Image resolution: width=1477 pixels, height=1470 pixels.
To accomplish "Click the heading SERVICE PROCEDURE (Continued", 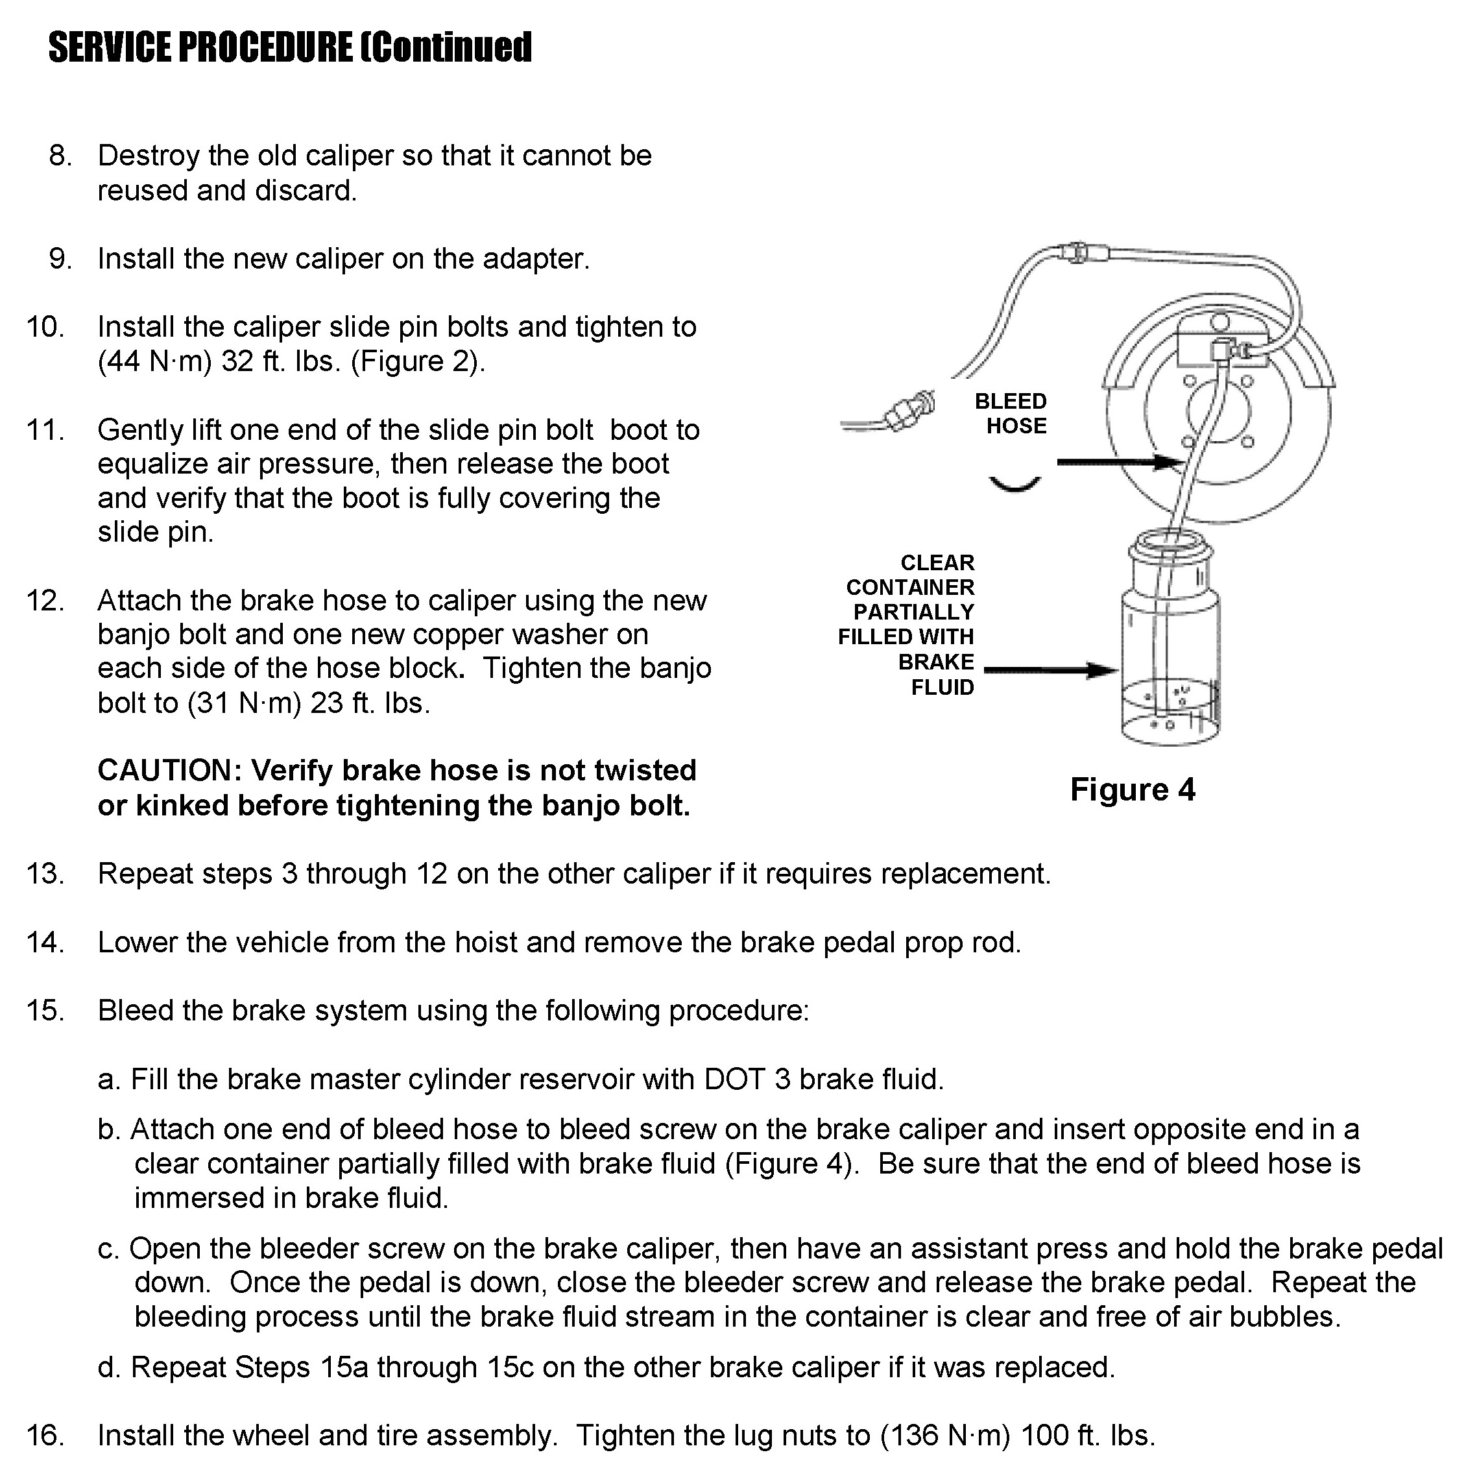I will (290, 47).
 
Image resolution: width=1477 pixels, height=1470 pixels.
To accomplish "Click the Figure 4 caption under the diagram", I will (1131, 789).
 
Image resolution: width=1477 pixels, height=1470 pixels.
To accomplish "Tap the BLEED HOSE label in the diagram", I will (1011, 413).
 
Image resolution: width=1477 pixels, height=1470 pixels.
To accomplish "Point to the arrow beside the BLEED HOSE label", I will (1118, 462).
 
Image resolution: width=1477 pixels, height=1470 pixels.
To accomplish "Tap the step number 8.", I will (60, 156).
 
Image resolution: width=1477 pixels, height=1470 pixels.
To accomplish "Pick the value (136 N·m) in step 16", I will (945, 1436).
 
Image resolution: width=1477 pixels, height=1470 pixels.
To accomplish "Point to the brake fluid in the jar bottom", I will (1170, 711).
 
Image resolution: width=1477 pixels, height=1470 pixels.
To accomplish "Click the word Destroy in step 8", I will (147, 156).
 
